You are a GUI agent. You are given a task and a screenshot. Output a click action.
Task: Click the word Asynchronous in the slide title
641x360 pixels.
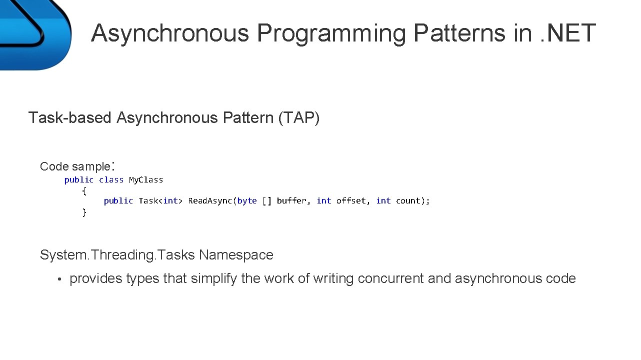(170, 33)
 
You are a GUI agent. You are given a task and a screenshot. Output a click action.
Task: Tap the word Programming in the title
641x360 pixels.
(330, 33)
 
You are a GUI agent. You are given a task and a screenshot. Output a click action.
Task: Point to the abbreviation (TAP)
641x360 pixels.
(299, 118)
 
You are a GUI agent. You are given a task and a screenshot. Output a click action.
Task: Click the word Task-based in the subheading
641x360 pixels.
(70, 118)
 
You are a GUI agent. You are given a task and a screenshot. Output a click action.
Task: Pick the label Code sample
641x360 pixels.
(75, 166)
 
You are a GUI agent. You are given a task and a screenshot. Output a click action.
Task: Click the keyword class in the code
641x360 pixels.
(111, 180)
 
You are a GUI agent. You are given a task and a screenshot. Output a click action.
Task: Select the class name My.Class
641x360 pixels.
(146, 180)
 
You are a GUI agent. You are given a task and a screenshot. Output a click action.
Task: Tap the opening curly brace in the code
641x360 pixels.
(84, 191)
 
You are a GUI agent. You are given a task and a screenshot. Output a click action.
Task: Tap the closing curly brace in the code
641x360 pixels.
(84, 212)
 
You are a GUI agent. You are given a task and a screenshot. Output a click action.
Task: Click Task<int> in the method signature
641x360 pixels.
(160, 201)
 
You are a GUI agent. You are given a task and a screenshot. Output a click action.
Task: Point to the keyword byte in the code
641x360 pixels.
(247, 201)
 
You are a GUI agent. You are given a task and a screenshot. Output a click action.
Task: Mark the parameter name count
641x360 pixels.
(408, 201)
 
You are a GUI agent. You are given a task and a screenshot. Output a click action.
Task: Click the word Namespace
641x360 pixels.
(236, 255)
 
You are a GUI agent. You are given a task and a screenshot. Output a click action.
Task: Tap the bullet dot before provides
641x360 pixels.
(58, 279)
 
